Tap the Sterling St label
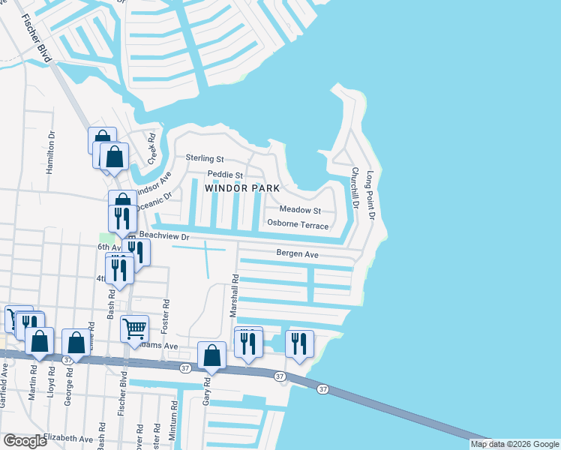205,159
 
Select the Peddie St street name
226,175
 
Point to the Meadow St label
300,211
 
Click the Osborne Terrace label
298,224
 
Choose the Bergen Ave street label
298,255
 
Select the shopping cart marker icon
134,328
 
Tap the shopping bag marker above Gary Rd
212,355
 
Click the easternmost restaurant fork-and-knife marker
299,343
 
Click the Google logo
24,441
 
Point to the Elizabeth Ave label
67,438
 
